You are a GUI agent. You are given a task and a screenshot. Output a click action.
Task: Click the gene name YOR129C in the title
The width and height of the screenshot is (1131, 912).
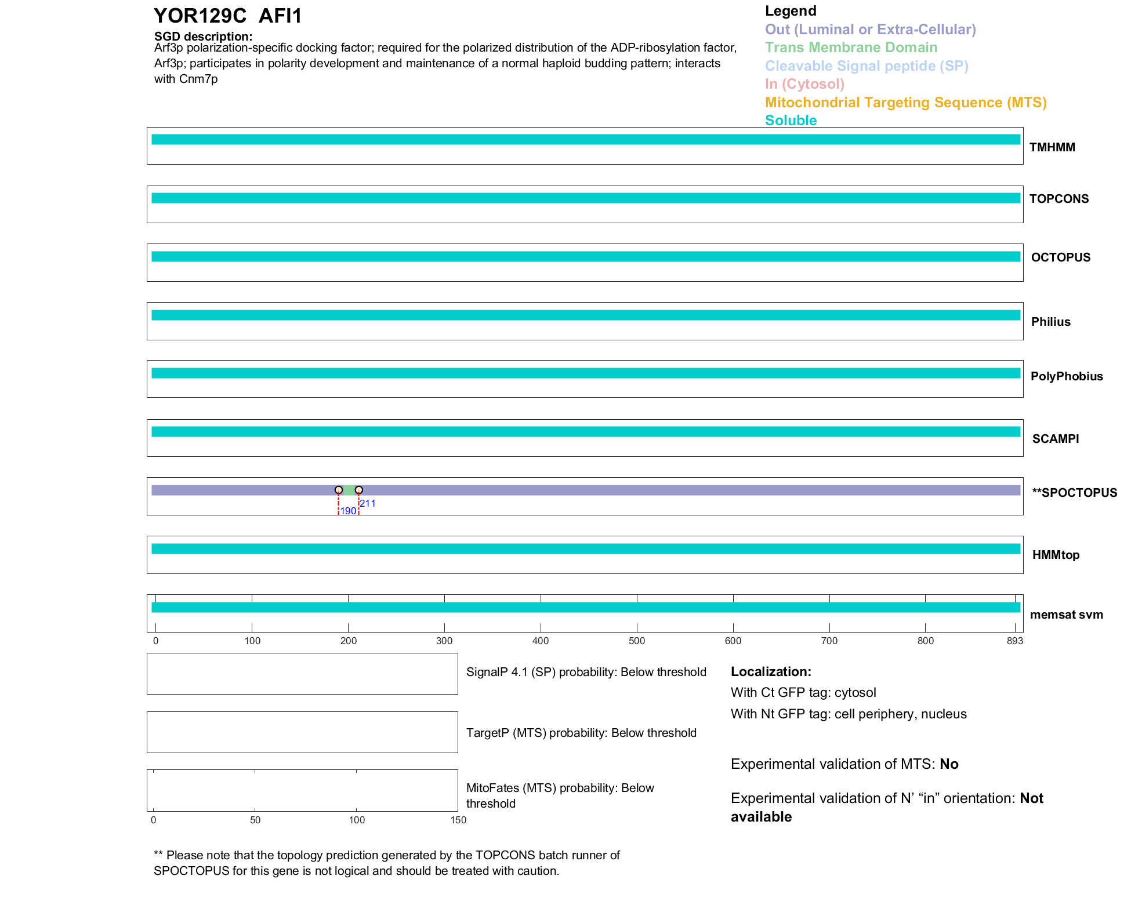(x=200, y=16)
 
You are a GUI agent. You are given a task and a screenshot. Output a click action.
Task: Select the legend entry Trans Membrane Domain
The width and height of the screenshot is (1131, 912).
(x=851, y=48)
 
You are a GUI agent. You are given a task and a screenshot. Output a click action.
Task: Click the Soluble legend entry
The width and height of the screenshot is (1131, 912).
(x=791, y=121)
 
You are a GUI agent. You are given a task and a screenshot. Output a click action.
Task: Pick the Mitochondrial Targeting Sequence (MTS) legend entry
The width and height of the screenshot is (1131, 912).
(x=905, y=103)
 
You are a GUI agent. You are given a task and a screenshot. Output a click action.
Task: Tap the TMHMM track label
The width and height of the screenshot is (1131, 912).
(x=1052, y=147)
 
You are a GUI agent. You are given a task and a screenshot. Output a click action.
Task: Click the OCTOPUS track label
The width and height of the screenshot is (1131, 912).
(x=1060, y=257)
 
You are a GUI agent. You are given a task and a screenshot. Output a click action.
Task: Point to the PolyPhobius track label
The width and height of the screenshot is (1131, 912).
(x=1066, y=376)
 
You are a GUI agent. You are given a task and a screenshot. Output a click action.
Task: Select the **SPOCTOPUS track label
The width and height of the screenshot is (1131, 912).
(x=1074, y=493)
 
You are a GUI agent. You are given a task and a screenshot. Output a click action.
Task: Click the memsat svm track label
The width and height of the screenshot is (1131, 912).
(x=1066, y=615)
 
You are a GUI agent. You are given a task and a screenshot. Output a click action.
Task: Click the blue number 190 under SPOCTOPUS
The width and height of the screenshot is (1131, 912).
(x=348, y=511)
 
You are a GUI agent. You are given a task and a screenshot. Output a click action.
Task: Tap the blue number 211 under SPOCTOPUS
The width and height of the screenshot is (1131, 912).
(x=368, y=503)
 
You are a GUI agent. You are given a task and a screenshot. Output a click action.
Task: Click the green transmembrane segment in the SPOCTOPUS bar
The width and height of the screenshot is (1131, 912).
(x=349, y=490)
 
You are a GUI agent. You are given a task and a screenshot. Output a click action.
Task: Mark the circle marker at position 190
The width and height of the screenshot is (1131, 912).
(x=339, y=490)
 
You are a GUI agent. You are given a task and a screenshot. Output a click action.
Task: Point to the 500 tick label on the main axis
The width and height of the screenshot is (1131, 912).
(x=637, y=641)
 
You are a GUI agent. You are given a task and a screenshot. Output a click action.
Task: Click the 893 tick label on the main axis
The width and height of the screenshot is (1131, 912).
(x=1014, y=641)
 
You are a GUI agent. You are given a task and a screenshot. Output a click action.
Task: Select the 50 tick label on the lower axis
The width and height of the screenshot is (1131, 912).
(x=255, y=820)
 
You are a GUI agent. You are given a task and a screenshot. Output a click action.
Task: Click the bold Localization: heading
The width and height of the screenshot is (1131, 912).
(x=771, y=672)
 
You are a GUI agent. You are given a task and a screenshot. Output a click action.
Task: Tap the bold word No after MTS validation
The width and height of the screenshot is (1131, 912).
(x=949, y=764)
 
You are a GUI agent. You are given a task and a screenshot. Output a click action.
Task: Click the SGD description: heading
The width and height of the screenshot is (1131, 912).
(x=203, y=37)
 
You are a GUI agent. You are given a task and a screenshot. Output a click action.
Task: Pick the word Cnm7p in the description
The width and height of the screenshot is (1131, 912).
(x=198, y=79)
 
